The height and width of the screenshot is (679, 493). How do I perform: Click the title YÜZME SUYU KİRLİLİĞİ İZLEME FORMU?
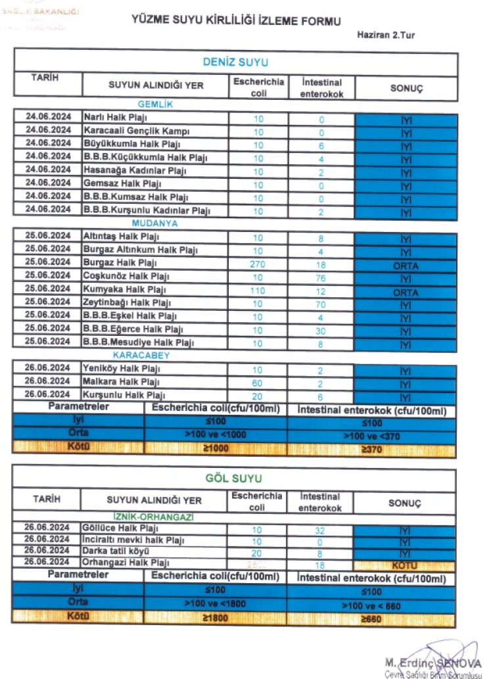click(x=236, y=21)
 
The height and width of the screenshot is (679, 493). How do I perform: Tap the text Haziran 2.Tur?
click(x=386, y=35)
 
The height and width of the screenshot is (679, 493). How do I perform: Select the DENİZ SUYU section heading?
click(x=235, y=62)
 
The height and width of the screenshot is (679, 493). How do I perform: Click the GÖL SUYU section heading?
click(x=235, y=478)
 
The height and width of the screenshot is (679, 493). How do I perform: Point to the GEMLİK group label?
click(x=155, y=104)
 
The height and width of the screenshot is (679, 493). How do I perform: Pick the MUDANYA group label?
click(x=155, y=223)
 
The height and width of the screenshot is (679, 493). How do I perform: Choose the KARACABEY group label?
click(x=155, y=356)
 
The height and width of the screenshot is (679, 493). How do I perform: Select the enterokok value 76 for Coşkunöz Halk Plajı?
click(x=321, y=277)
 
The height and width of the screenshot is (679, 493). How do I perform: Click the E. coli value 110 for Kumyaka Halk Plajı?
click(x=258, y=290)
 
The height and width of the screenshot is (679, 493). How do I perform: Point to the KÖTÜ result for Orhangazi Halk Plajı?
click(x=405, y=565)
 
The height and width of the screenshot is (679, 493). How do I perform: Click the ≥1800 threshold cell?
click(x=215, y=618)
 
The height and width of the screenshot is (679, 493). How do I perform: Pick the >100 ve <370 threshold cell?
click(x=371, y=436)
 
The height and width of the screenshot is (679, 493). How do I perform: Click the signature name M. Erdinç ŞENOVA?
click(x=433, y=663)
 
